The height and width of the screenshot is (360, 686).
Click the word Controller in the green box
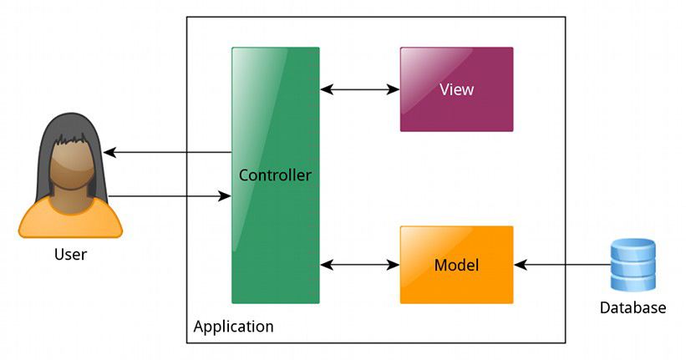[x=275, y=175]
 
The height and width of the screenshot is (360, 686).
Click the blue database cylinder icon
[x=633, y=265]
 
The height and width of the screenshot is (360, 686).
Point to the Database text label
[x=633, y=308]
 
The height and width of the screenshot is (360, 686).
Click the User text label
[x=69, y=254]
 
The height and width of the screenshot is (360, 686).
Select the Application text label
[x=233, y=327]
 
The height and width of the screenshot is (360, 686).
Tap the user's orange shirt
[x=70, y=219]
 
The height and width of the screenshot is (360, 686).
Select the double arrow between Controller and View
[x=360, y=89]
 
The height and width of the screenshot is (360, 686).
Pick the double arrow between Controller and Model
[x=360, y=265]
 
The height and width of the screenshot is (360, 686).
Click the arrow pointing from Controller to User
[x=167, y=153]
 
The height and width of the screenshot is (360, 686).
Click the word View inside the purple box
[x=456, y=89]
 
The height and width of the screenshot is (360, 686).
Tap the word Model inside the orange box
[x=456, y=266]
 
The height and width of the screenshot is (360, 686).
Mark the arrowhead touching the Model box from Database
[x=520, y=265]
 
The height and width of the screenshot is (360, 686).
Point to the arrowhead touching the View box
[x=394, y=89]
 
